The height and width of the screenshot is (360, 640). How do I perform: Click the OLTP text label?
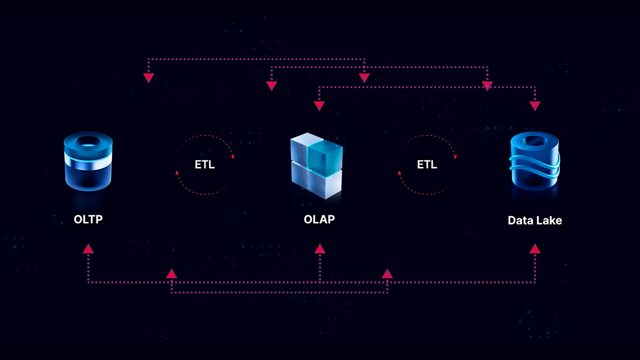pyautogui.click(x=88, y=219)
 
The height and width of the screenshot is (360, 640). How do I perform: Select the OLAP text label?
pyautogui.click(x=319, y=219)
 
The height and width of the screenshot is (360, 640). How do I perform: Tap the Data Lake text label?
pyautogui.click(x=535, y=220)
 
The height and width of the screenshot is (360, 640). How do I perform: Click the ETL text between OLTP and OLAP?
pyautogui.click(x=205, y=164)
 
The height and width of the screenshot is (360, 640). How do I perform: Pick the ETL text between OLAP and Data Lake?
pyautogui.click(x=427, y=164)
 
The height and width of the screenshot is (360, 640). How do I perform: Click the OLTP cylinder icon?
pyautogui.click(x=88, y=162)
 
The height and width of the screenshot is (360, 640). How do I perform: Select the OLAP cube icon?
pyautogui.click(x=316, y=166)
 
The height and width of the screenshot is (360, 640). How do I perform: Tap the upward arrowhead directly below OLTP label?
pyautogui.click(x=88, y=249)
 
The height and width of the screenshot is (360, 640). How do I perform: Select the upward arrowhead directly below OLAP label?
pyautogui.click(x=320, y=249)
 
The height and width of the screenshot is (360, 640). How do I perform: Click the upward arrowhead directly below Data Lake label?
pyautogui.click(x=535, y=249)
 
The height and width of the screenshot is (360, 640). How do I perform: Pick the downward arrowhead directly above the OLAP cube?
pyautogui.click(x=319, y=106)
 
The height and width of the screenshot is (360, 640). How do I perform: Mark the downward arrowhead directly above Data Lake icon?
pyautogui.click(x=535, y=106)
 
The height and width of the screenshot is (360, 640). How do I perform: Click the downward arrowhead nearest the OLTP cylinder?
pyautogui.click(x=149, y=78)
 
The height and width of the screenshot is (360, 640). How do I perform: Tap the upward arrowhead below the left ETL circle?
pyautogui.click(x=172, y=274)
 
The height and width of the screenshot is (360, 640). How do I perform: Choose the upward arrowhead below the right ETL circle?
pyautogui.click(x=387, y=274)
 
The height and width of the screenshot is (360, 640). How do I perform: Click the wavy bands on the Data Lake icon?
pyautogui.click(x=535, y=167)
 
